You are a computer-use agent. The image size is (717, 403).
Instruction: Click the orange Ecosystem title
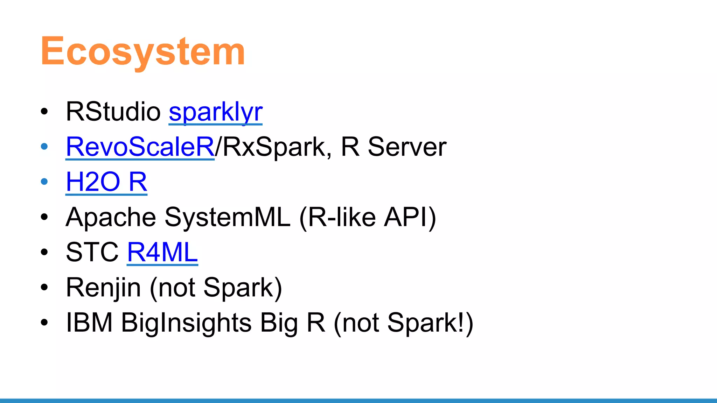pyautogui.click(x=143, y=52)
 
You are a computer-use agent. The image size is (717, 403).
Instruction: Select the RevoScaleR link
pyautogui.click(x=140, y=147)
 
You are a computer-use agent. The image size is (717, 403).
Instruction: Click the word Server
pyautogui.click(x=407, y=147)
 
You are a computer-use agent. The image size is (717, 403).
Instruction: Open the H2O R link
pyautogui.click(x=106, y=182)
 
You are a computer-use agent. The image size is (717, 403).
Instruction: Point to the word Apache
pyautogui.click(x=111, y=218)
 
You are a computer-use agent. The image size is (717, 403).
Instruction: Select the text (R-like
pyautogui.click(x=337, y=218)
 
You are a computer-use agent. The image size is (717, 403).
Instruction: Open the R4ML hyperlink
pyautogui.click(x=162, y=252)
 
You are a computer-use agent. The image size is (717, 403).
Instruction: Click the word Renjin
pyautogui.click(x=103, y=288)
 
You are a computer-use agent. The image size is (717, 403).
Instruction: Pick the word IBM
pyautogui.click(x=89, y=323)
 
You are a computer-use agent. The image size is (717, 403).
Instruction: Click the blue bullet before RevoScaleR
pyautogui.click(x=44, y=147)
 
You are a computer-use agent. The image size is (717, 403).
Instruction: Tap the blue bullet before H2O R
pyautogui.click(x=44, y=182)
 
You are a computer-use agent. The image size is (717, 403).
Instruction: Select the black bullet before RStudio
pyautogui.click(x=44, y=112)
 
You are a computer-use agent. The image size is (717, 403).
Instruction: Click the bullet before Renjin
pyautogui.click(x=44, y=287)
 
